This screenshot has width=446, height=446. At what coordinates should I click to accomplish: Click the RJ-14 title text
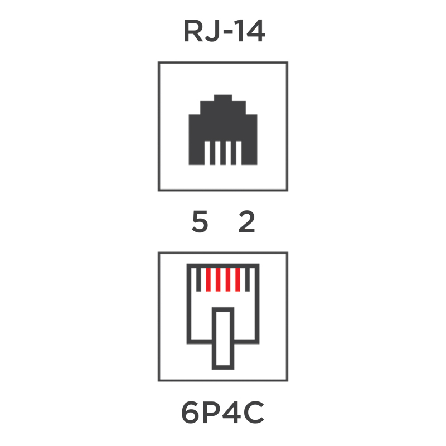coord(224,31)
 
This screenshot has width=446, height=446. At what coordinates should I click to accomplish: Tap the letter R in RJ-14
coord(193,31)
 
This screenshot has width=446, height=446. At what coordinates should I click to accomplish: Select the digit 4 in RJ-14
coord(255,31)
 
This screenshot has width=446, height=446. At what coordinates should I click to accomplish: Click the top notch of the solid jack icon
coord(223,98)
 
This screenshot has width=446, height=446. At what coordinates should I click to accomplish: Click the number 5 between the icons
coord(200,222)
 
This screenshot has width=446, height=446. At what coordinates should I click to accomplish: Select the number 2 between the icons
coord(246,222)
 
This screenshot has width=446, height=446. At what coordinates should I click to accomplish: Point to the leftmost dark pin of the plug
coord(198,280)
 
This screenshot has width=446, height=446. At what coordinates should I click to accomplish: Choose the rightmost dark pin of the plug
coord(248,280)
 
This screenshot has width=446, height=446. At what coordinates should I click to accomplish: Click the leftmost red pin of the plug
coord(208,280)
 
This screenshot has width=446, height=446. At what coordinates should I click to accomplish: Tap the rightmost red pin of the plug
coord(238,280)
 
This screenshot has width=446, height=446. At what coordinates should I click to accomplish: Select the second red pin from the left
coord(218,280)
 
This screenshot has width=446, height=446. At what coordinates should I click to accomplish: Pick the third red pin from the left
coord(228,280)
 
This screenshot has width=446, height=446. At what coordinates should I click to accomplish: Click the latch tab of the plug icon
coord(223,338)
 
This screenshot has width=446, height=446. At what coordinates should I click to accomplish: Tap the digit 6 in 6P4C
coord(190,413)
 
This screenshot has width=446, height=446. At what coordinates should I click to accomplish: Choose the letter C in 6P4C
coord(254,413)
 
